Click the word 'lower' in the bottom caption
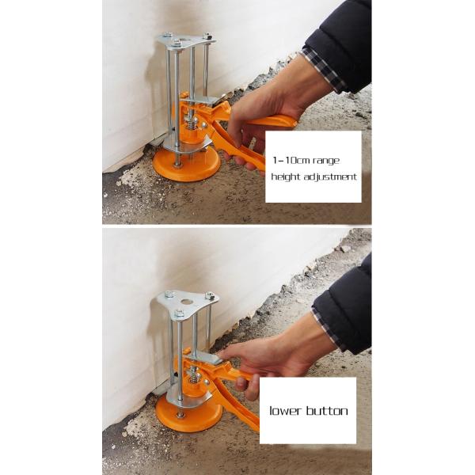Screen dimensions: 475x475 pos(286,411)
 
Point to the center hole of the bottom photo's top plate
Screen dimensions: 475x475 pos(187,300)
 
